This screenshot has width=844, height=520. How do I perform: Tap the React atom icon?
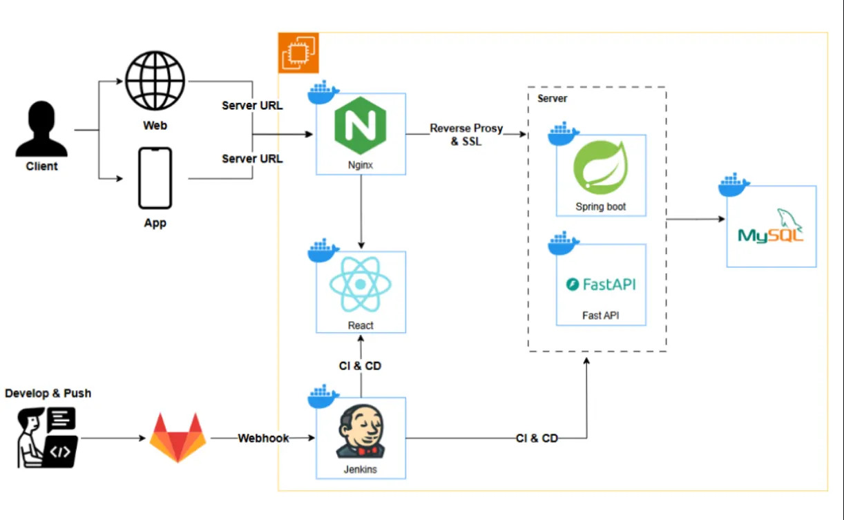pos(361,285)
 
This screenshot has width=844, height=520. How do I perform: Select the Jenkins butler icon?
pos(361,433)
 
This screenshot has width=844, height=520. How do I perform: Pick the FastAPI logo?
pos(601,284)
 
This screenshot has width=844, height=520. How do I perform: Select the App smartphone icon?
pos(155,178)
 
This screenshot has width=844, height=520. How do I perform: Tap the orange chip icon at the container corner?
pos(298,52)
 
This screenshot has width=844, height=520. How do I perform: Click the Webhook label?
pos(263,439)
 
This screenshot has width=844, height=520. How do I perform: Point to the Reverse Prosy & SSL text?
pos(466,135)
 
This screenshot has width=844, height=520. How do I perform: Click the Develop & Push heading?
pos(48,394)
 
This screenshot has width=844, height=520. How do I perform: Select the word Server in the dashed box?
pos(553,99)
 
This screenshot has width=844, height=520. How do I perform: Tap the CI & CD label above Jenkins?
pos(360,366)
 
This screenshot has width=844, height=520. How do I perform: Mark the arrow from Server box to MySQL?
pos(694,220)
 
